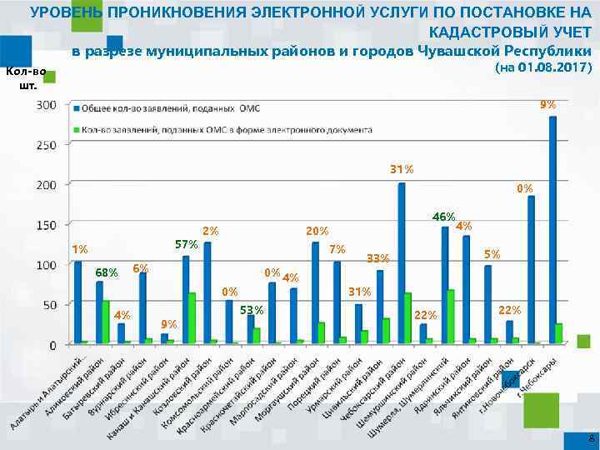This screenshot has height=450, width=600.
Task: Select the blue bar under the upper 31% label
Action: point(402,262)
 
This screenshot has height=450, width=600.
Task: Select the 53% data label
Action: point(252,310)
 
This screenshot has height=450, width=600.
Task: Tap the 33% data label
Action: point(378,257)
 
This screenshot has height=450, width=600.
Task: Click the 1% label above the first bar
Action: point(80,249)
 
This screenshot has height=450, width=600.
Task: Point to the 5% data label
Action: point(492,254)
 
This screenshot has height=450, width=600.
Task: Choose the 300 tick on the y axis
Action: point(47,105)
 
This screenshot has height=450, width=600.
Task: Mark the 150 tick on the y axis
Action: point(47,225)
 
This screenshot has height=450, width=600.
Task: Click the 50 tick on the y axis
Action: point(50,305)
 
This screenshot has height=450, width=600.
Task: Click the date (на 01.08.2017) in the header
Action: point(543,67)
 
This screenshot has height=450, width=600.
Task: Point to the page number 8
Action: point(591,438)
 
